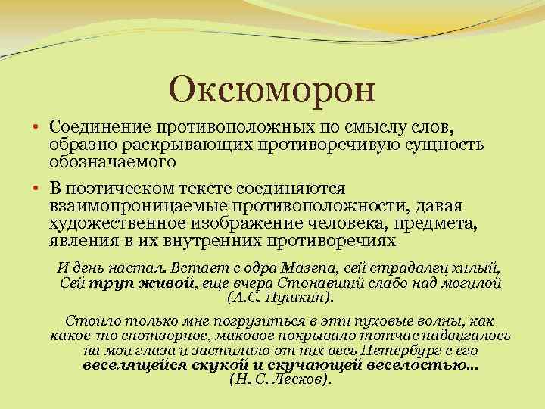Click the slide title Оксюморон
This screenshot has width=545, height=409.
tap(272, 90)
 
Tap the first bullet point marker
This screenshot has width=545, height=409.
tap(36, 124)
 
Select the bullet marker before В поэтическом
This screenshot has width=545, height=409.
tap(36, 186)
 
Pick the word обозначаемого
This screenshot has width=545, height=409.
tap(112, 161)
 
